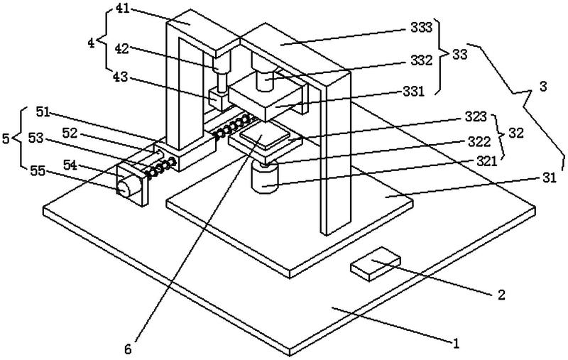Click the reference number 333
click(x=421, y=30)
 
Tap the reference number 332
click(x=421, y=60)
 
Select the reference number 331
click(x=421, y=91)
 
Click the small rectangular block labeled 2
click(x=376, y=266)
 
